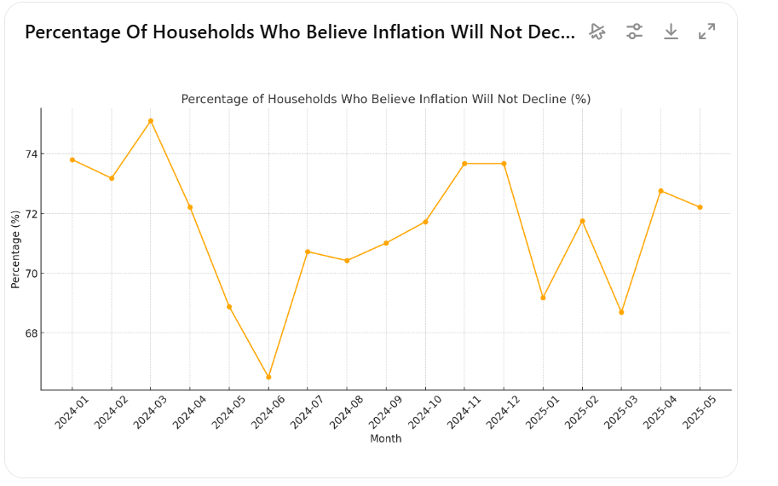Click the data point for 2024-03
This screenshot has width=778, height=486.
point(151,121)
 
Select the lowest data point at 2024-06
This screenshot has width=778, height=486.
point(268,377)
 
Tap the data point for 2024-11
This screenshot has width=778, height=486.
point(464,164)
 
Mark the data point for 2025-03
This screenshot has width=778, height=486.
point(621,312)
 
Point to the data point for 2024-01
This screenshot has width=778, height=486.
point(72,159)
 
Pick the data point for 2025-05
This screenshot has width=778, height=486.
point(700,207)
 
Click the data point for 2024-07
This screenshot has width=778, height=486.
point(308,252)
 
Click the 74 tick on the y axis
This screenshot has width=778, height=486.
point(31,154)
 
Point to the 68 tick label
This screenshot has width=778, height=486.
point(31,333)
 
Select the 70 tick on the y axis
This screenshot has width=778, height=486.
point(31,274)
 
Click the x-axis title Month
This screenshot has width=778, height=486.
point(385,439)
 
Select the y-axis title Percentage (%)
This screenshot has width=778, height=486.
point(15,249)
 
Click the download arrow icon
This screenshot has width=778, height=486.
point(671,32)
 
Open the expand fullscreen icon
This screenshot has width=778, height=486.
point(706,32)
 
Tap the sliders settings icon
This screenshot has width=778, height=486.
point(634,32)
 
